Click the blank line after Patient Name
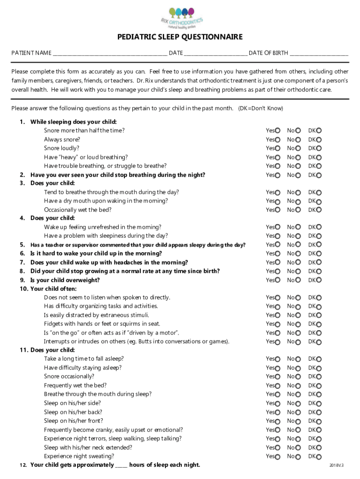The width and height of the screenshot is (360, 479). [109, 53]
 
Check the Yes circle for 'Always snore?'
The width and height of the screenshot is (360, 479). [278, 140]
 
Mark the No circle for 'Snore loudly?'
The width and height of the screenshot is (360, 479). [298, 149]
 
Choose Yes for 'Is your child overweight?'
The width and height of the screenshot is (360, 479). [278, 281]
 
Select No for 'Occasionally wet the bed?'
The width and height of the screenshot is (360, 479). [298, 210]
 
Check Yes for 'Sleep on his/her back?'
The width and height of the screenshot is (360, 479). [278, 413]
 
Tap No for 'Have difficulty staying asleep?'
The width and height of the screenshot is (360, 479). [298, 368]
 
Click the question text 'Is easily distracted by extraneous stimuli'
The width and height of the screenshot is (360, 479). [96, 315]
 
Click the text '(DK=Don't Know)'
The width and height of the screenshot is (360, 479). [260, 109]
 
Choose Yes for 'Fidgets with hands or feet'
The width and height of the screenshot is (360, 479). [278, 324]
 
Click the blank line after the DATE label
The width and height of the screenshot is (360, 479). [215, 53]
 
